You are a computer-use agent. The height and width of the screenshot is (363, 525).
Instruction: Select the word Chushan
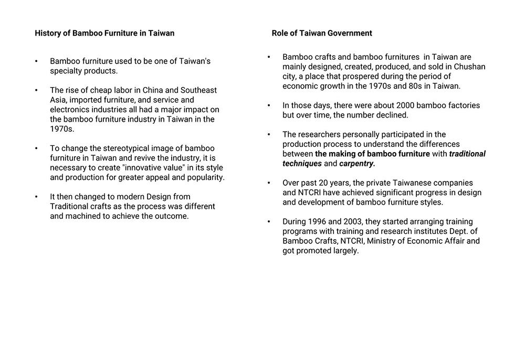pos(469,67)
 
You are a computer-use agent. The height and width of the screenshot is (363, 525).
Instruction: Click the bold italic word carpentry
pos(357,164)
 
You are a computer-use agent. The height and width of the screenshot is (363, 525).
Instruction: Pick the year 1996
pos(325,221)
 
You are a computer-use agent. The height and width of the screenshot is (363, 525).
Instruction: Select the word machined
pos(83,216)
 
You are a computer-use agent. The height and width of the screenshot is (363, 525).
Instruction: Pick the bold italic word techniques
pos(302,164)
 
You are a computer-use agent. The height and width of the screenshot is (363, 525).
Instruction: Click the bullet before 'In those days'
pos(269,105)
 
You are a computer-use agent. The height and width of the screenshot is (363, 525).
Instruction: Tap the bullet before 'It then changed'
pos(36,197)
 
